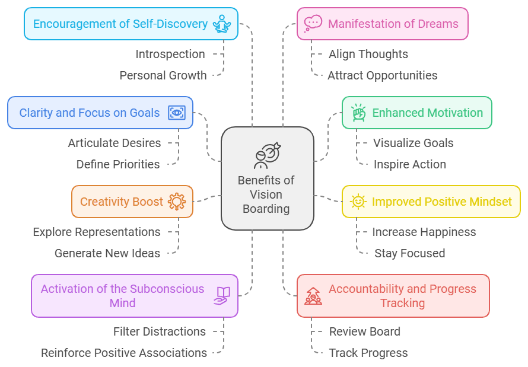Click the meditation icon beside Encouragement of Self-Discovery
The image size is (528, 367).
(223, 24)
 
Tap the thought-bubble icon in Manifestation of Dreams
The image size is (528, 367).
(312, 24)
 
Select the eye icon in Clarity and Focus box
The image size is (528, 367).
(177, 113)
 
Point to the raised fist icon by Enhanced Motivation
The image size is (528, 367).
(358, 113)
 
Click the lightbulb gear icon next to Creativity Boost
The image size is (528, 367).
(177, 202)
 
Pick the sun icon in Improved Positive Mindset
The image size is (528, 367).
(358, 202)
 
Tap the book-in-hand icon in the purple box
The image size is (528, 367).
(222, 295)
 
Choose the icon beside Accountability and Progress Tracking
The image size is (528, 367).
(313, 295)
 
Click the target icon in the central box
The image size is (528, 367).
(267, 155)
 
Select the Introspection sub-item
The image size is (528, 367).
(170, 54)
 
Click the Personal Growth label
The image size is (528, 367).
(163, 75)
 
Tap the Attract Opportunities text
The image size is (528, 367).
(383, 75)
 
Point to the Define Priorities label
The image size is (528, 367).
(118, 164)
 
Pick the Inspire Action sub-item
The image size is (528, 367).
(409, 164)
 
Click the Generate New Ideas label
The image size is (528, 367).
(107, 253)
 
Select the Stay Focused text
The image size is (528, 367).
(409, 253)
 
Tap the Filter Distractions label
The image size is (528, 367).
(160, 331)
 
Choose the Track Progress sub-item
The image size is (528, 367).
(368, 353)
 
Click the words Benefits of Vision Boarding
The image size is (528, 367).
(266, 194)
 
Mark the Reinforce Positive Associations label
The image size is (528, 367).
(124, 353)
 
